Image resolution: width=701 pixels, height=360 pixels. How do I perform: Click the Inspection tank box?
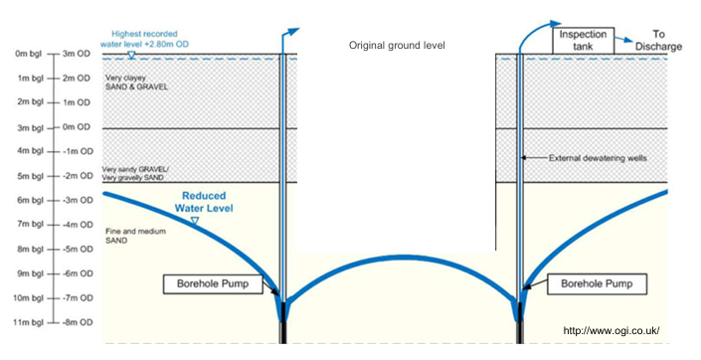point(583,41)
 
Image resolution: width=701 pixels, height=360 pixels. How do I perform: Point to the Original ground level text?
point(397,46)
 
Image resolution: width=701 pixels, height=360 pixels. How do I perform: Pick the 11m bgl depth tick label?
point(21,322)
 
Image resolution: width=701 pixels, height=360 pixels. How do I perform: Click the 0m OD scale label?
point(77,127)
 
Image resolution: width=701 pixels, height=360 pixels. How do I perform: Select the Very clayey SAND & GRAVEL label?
point(135,83)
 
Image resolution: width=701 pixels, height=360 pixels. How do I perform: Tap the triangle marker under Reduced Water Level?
point(194,220)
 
